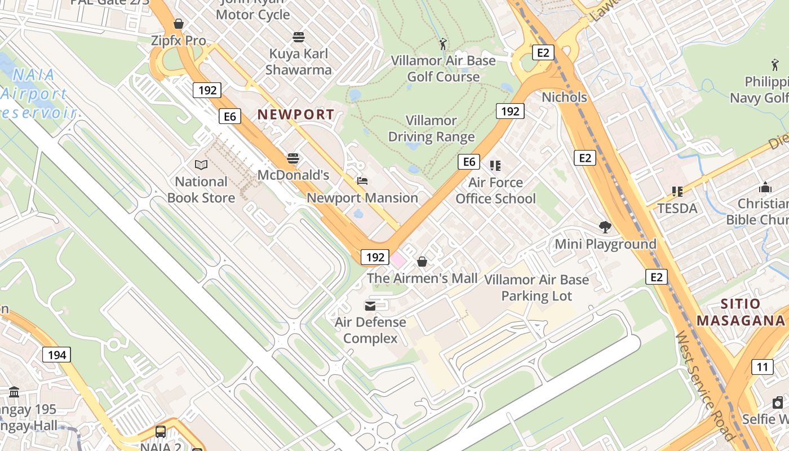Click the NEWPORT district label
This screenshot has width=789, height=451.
tap(295, 114)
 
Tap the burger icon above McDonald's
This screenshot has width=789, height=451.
tap(293, 158)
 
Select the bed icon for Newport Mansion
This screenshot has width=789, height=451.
tap(362, 181)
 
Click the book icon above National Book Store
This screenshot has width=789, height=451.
tap(201, 165)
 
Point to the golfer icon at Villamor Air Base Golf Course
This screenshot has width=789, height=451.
tap(444, 43)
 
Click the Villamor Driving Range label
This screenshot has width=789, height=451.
tap(431, 129)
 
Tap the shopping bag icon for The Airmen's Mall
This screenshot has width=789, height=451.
tap(422, 262)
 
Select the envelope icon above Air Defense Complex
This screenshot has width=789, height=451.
tap(370, 306)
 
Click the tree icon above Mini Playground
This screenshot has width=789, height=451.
tap(605, 227)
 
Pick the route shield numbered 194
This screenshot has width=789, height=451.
tap(57, 355)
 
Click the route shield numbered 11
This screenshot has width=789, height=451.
tap(762, 367)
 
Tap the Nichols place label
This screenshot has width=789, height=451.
tap(564, 97)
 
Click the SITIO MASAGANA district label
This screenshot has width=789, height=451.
tap(741, 312)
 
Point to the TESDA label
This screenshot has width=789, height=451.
tap(677, 208)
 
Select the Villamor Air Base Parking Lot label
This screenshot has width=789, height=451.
tap(537, 288)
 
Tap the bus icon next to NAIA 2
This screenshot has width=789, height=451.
tap(161, 432)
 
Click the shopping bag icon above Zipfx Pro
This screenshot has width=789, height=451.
tap(179, 24)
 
